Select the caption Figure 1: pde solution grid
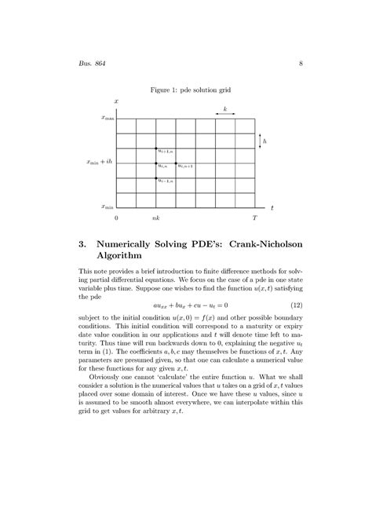click(x=185, y=91)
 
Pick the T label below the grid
click(x=254, y=217)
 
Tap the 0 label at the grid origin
click(x=116, y=217)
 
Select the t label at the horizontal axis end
click(x=272, y=208)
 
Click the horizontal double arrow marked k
click(x=225, y=114)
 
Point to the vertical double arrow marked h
click(x=260, y=140)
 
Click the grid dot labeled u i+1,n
click(x=156, y=148)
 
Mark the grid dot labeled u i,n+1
click(x=176, y=163)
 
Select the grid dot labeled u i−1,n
click(x=156, y=177)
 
